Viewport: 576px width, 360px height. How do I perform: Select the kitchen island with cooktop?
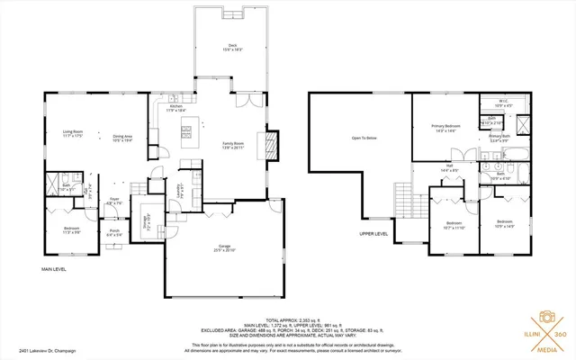tap(189, 131)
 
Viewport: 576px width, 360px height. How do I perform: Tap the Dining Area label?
tap(121, 138)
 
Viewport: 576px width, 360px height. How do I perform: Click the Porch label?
tap(115, 230)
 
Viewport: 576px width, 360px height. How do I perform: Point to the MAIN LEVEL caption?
tap(55, 268)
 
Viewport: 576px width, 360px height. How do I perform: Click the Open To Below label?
tap(364, 138)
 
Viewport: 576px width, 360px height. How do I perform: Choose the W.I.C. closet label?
tap(504, 102)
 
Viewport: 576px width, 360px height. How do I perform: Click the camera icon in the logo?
tap(544, 318)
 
